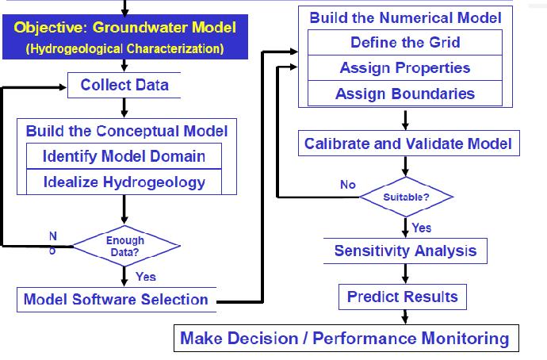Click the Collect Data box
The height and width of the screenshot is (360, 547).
(124, 84)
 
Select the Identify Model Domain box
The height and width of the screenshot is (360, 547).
(124, 155)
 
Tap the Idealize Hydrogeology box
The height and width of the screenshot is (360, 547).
(124, 182)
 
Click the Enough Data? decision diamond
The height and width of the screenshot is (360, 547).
(125, 246)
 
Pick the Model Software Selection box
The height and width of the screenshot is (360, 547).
(116, 299)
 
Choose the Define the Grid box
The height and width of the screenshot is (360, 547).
(405, 42)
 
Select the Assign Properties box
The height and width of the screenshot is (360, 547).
(405, 68)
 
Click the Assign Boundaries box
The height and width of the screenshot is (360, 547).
(405, 94)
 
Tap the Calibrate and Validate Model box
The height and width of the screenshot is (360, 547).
(408, 144)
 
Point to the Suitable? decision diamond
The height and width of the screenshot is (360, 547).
(406, 196)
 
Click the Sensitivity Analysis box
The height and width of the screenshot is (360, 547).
(405, 251)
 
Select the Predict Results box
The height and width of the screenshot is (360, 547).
(403, 297)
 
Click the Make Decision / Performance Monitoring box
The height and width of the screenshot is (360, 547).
(345, 339)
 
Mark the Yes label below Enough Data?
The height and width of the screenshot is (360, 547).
(146, 277)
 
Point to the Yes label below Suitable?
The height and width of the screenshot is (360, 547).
(422, 228)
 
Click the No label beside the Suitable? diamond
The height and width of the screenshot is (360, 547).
(348, 184)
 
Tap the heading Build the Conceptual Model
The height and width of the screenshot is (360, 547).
(127, 131)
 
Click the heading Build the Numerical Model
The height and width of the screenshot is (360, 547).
(405, 17)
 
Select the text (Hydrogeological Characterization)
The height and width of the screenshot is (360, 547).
(124, 48)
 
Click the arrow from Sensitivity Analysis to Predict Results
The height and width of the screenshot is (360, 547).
(405, 274)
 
